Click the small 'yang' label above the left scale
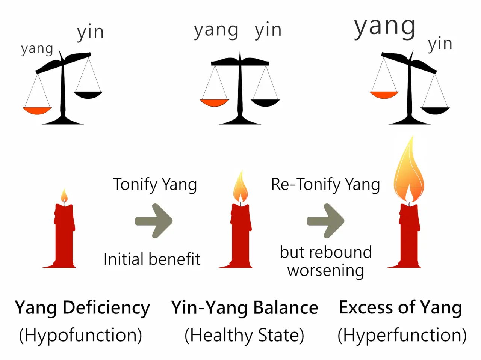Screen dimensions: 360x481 point(37,49)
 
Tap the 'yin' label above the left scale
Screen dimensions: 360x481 point(90,32)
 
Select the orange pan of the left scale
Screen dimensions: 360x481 point(37,110)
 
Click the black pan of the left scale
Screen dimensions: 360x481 point(88,95)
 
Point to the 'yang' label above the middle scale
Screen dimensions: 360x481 point(216,30)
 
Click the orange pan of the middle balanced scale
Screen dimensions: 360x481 point(215,102)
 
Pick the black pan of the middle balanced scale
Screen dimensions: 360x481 point(265,102)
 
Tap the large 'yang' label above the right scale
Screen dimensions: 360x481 point(385,27)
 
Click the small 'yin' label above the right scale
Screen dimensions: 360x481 point(440,44)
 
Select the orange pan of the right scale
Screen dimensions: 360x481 point(384,95)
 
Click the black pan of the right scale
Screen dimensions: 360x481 point(435,110)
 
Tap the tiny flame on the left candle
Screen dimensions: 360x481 point(64,196)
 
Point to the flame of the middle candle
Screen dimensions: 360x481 point(240,188)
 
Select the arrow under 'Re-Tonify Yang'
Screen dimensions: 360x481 point(325,221)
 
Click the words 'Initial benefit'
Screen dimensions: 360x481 point(152,259)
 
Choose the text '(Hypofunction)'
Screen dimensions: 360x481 point(80,335)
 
